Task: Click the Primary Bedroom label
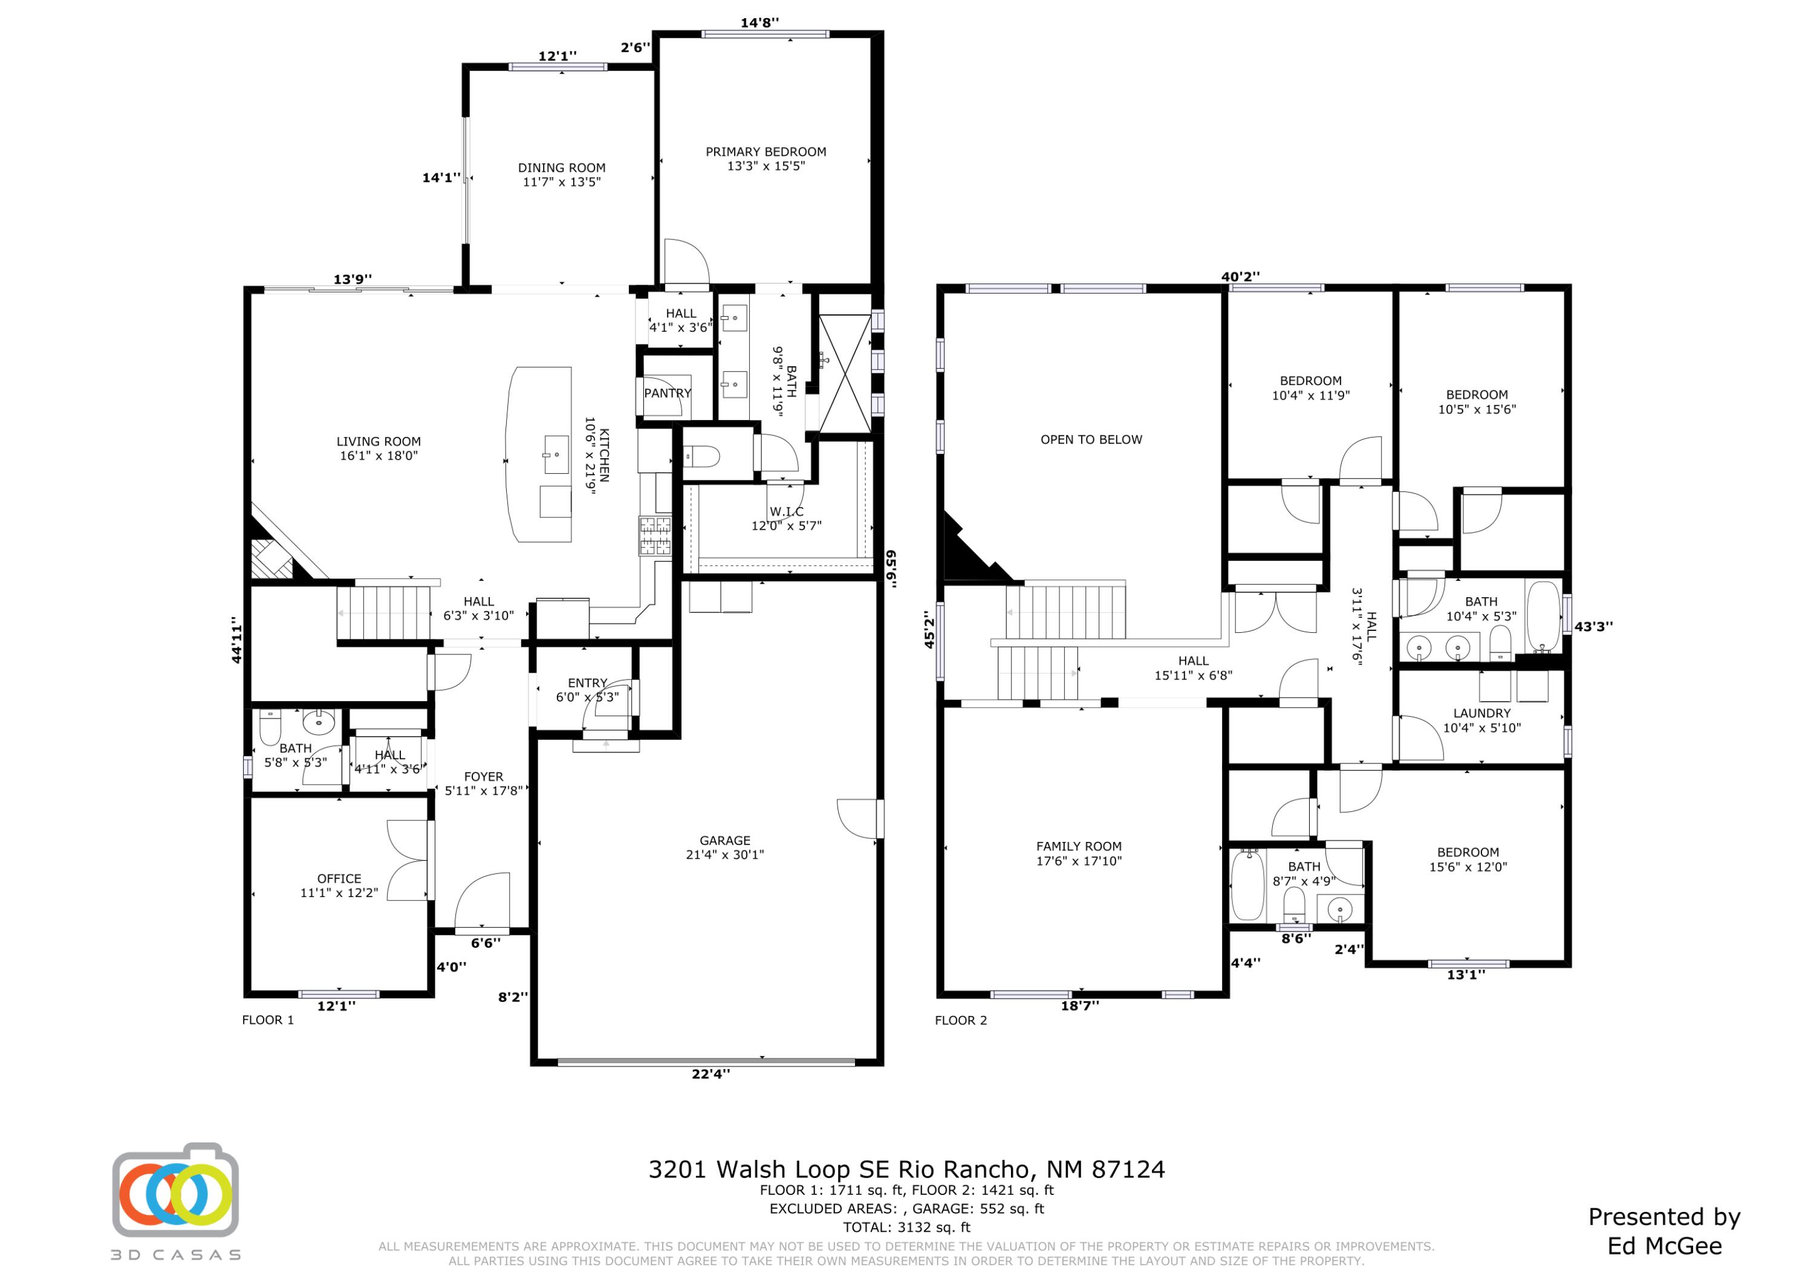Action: point(766,152)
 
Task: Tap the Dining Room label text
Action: point(562,167)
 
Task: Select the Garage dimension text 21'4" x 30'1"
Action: point(724,855)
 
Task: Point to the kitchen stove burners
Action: point(655,536)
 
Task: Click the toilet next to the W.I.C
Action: point(701,456)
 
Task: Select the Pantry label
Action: point(667,393)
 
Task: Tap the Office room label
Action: point(339,878)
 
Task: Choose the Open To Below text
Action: point(1090,439)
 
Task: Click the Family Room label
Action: point(1079,846)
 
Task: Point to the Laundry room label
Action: point(1481,713)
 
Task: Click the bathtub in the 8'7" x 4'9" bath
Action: point(1247,885)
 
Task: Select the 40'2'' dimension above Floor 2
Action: point(1240,276)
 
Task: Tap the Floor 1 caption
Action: point(268,1020)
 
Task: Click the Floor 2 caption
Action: point(961,1020)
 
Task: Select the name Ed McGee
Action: point(1664,1246)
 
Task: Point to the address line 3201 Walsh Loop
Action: point(906,1169)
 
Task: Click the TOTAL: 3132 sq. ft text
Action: point(906,1228)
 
